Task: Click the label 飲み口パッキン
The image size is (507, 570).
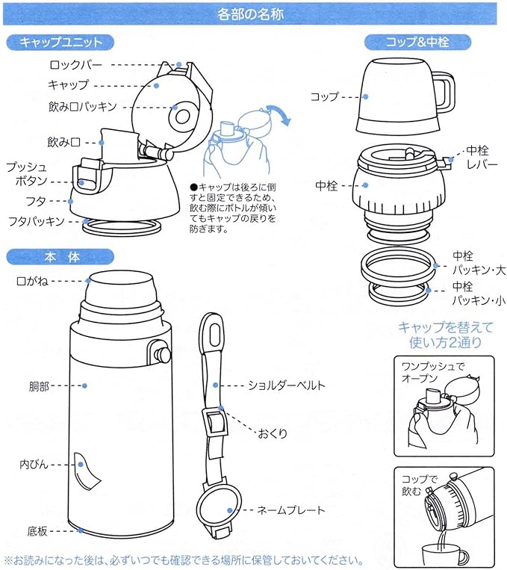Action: [82, 106]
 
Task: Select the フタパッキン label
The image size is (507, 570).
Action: [35, 221]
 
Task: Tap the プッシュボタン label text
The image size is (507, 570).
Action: [27, 173]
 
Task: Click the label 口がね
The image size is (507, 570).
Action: [34, 282]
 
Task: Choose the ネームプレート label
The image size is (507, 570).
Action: [290, 510]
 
